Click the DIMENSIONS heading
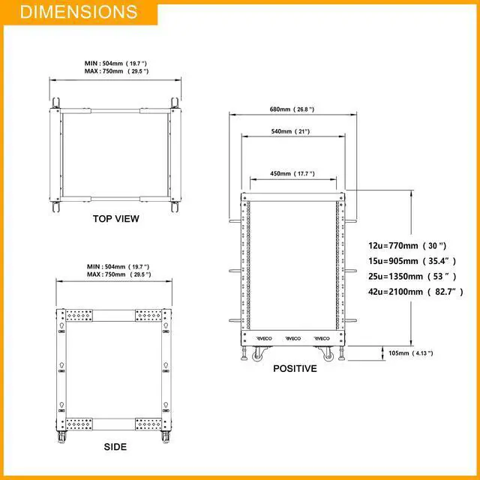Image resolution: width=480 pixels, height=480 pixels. [x=79, y=12]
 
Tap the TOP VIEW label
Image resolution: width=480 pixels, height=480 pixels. [x=116, y=218]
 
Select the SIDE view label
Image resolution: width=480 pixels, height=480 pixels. [x=115, y=447]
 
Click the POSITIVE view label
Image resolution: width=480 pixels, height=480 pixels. [x=295, y=368]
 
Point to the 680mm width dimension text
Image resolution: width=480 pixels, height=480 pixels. [x=292, y=109]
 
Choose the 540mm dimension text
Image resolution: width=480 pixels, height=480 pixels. [x=290, y=131]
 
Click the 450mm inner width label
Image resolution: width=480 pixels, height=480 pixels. [x=292, y=173]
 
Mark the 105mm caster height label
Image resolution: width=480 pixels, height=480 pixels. [x=411, y=353]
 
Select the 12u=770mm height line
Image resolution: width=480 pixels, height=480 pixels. [x=407, y=245]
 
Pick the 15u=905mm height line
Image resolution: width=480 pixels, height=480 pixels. [x=412, y=261]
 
